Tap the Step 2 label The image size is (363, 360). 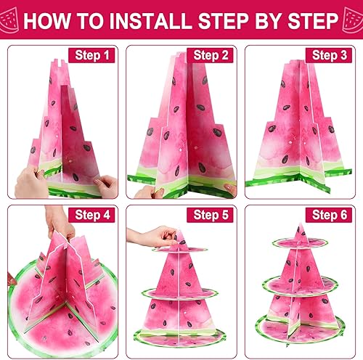coord(211,55)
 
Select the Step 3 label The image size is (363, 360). coord(331,55)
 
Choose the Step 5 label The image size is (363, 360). coord(211,215)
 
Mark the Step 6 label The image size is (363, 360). coord(331,215)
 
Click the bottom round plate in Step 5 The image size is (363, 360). coord(181,341)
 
